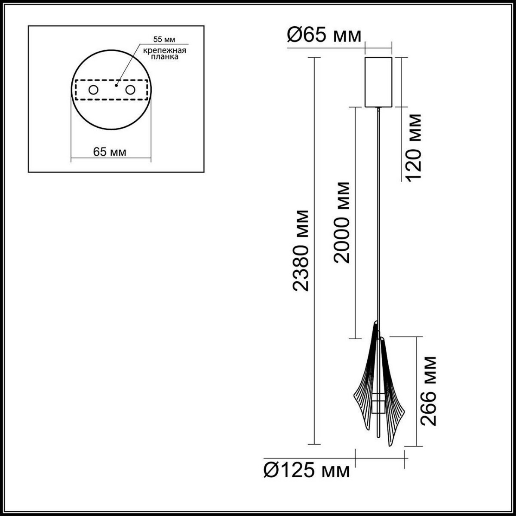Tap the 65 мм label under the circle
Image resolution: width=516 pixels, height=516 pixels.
[110, 152]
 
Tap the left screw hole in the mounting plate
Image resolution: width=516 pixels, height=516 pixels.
[93, 90]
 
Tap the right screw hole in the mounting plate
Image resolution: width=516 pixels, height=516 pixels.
[130, 90]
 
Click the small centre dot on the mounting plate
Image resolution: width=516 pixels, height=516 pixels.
[116, 85]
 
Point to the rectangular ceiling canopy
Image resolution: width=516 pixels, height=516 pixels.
[378, 82]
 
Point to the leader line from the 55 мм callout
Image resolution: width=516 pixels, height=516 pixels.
[129, 64]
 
